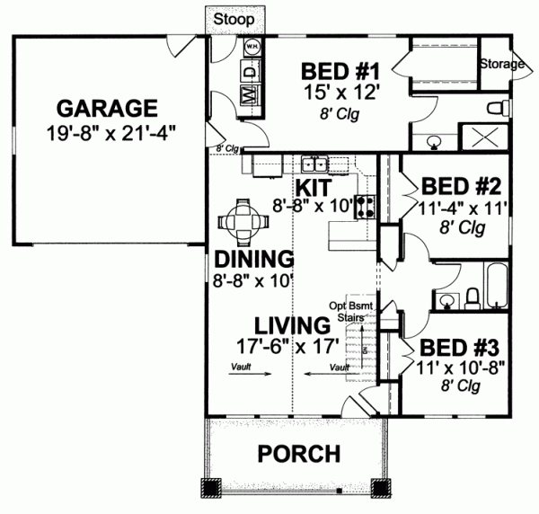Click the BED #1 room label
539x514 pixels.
330,71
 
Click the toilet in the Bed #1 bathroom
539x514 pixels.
497,109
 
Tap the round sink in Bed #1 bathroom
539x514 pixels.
433,140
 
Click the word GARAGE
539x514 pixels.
107,109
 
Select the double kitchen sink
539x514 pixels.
314,164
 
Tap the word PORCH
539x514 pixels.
298,453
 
